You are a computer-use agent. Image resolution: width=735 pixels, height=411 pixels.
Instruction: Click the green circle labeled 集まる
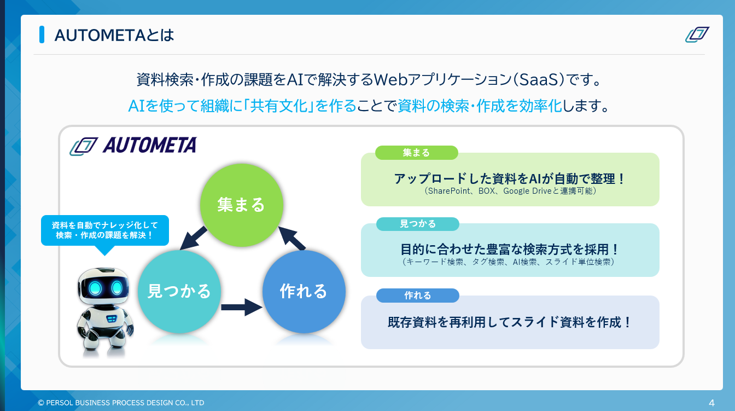[x=241, y=204]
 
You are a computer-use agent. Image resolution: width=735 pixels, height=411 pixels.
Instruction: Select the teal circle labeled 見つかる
[x=179, y=291]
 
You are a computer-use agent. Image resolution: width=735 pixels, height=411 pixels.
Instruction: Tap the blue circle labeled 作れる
[x=304, y=291]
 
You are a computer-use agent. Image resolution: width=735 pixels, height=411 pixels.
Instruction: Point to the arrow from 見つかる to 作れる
[x=242, y=306]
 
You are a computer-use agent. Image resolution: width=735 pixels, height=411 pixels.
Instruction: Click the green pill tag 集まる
[x=416, y=153]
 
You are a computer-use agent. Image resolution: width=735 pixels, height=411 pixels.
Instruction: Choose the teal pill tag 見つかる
[x=418, y=223]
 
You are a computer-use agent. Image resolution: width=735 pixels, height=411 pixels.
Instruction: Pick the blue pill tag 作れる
[x=418, y=296]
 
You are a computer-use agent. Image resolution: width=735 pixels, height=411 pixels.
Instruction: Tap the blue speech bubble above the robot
[x=105, y=230]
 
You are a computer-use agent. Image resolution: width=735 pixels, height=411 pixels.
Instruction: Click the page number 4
[x=711, y=403]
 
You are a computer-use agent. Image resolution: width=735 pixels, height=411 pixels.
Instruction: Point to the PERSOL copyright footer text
[x=121, y=403]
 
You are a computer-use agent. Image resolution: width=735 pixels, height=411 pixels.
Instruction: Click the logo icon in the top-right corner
[x=697, y=34]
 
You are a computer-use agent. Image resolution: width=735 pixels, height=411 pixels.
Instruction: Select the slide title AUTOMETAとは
[x=114, y=35]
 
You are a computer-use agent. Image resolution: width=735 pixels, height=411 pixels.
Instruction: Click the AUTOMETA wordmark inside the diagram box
[x=149, y=145]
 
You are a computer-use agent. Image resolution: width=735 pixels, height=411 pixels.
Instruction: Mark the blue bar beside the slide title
[x=42, y=34]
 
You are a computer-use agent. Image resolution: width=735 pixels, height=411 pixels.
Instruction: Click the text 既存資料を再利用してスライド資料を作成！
[x=510, y=322]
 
